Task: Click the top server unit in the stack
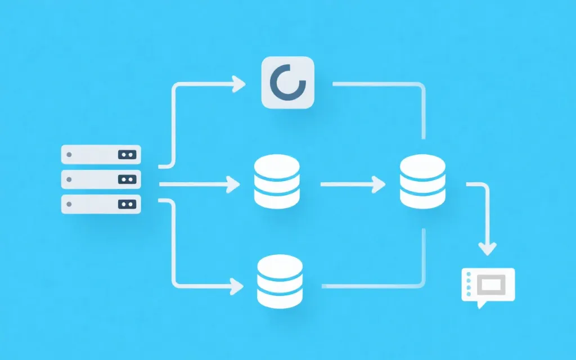pos(101,154)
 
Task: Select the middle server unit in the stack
pos(101,179)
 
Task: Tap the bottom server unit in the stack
pos(101,204)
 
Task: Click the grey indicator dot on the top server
pos(69,154)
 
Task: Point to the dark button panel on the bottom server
pos(127,204)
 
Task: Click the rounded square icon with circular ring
pos(287,82)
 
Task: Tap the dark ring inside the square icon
pos(287,83)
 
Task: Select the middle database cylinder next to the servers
pos(277,181)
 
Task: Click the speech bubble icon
pos(488,286)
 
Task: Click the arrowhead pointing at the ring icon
pos(240,85)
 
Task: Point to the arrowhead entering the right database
pos(380,184)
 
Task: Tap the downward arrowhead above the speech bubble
pos(488,248)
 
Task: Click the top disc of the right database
pos(422,164)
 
